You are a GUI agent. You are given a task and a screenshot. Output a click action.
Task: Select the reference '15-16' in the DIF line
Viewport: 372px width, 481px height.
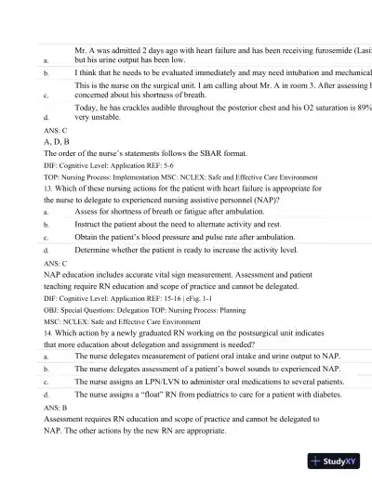click(x=181, y=299)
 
